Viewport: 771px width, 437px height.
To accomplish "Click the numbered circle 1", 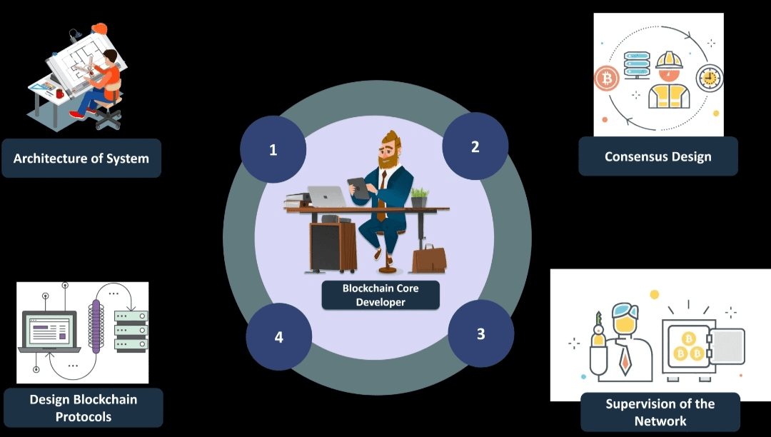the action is [x=273, y=150].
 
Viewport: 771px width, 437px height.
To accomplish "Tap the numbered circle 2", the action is [x=475, y=146].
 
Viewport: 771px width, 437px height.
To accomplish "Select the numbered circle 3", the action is [x=480, y=333].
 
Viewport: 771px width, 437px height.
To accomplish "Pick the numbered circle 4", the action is [x=279, y=336].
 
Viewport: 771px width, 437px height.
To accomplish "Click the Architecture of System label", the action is [x=81, y=158].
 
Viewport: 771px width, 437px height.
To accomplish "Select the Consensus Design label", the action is [x=657, y=156].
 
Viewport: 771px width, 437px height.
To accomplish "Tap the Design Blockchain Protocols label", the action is [x=84, y=408].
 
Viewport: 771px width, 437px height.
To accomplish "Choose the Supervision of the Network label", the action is [x=660, y=412].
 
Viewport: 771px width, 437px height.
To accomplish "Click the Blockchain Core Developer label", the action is [x=381, y=295].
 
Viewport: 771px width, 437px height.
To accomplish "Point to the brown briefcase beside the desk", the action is [x=429, y=258].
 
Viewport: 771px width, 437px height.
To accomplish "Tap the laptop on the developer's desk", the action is [x=326, y=196].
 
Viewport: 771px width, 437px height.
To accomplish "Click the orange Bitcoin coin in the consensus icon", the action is [x=607, y=78].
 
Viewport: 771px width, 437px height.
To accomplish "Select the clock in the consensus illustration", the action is [x=710, y=78].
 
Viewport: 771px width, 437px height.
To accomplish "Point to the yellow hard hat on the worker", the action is [x=669, y=60].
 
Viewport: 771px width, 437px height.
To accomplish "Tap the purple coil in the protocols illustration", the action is [x=96, y=326].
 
